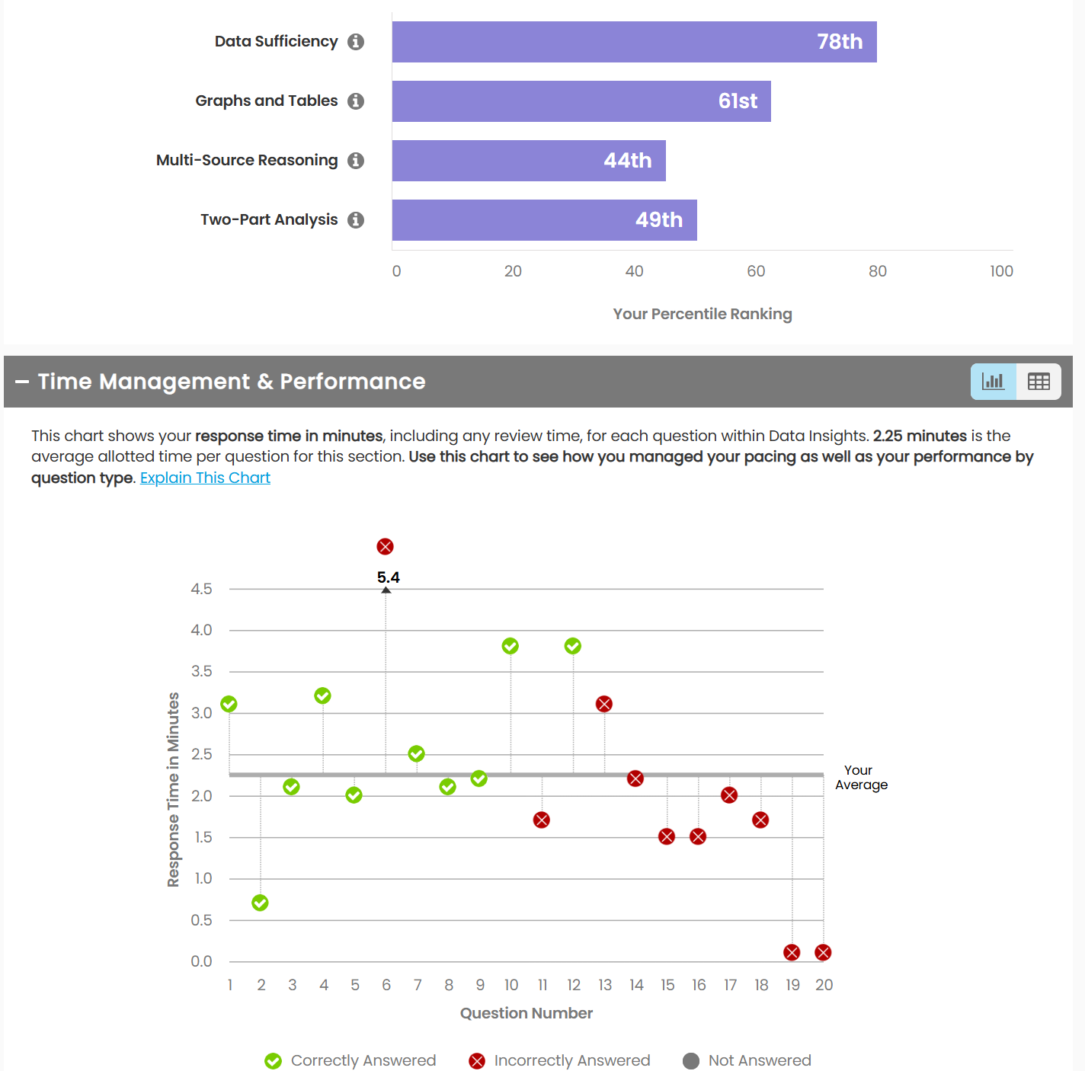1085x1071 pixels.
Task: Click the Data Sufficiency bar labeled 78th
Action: pos(634,42)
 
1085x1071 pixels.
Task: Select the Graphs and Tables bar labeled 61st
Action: pos(581,101)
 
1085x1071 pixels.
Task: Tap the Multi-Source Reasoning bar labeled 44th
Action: pos(529,161)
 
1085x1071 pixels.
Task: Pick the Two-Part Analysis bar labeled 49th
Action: pos(544,220)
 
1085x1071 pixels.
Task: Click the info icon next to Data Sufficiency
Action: pos(356,42)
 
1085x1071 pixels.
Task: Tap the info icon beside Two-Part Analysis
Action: pos(356,220)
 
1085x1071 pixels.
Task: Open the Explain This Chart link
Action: pos(205,478)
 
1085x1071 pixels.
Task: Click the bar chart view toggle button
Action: pos(993,382)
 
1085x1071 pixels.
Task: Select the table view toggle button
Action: pos(1039,382)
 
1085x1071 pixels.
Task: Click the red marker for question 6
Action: pos(386,546)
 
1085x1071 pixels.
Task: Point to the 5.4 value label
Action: pos(389,577)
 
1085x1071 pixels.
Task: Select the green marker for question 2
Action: pos(261,903)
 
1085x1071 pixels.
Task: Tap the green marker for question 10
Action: pos(510,646)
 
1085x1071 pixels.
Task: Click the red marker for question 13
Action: pos(604,704)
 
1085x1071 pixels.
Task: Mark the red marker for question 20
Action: pos(823,952)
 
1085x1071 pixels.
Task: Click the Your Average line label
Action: pos(861,778)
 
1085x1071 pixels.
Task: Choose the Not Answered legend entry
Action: pos(747,1060)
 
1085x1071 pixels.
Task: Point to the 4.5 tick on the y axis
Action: pos(201,589)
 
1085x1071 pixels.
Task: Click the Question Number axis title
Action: pos(526,1013)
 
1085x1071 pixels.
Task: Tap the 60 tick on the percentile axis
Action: pos(756,271)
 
